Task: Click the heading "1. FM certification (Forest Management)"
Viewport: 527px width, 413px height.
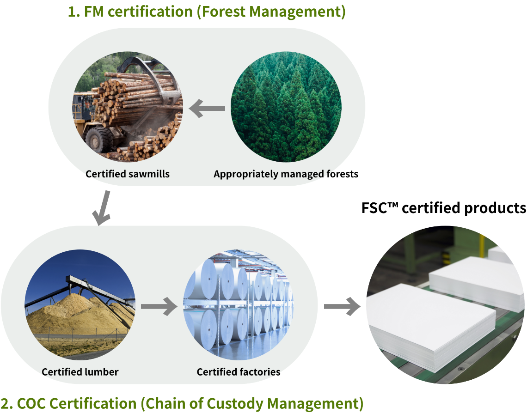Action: [207, 12]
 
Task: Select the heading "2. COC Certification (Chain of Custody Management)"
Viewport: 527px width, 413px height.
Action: [182, 403]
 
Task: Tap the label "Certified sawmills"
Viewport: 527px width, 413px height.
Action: [128, 174]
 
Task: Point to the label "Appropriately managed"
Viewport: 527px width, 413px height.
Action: [269, 174]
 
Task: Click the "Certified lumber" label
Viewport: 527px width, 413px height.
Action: [80, 372]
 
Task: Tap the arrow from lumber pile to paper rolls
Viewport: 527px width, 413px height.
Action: [159, 306]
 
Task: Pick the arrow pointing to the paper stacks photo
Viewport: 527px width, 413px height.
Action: [342, 306]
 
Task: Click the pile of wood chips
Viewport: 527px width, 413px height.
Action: [74, 319]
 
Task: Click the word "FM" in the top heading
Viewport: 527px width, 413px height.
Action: [92, 12]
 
